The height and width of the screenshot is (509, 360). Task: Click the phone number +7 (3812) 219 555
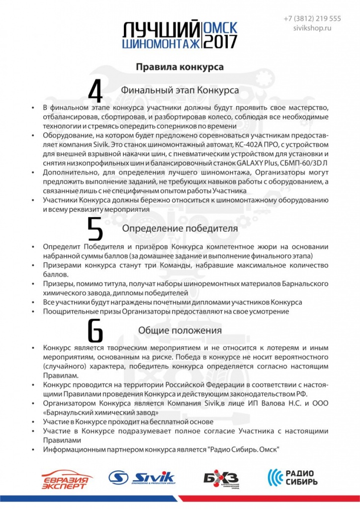click(x=312, y=18)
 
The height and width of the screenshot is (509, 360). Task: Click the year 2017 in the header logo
click(x=221, y=41)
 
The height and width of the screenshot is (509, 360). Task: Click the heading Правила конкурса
click(x=180, y=66)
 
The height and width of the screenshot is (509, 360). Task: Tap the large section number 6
click(x=95, y=331)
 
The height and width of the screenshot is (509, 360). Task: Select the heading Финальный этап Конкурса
click(x=180, y=90)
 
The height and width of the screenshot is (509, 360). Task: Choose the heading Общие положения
click(x=180, y=330)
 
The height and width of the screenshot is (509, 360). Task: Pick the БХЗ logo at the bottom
click(x=222, y=478)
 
